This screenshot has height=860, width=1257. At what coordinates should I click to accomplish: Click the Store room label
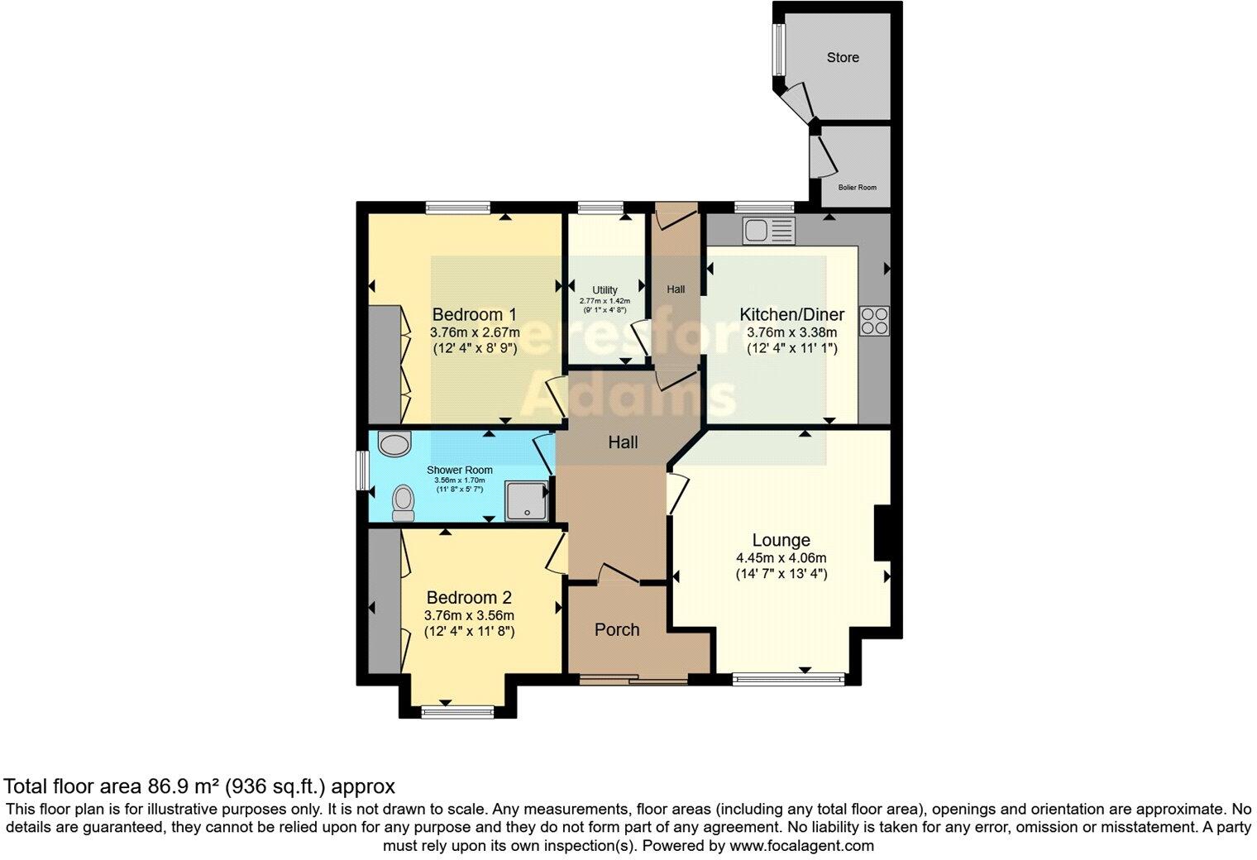click(843, 57)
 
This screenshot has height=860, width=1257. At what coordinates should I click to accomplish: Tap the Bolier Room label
click(857, 187)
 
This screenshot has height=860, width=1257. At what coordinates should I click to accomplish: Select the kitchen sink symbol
click(768, 230)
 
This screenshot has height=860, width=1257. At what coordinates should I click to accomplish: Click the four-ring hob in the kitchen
click(875, 321)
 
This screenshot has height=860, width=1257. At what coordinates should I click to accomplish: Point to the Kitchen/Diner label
click(791, 314)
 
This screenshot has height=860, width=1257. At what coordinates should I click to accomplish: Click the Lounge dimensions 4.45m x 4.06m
click(781, 557)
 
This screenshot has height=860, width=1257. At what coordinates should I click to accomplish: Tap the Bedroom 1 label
click(475, 314)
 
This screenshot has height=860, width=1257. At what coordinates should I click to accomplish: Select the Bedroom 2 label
click(469, 597)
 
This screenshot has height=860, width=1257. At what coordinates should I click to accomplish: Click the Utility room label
click(605, 290)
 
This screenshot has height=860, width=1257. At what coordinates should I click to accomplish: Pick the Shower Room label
click(460, 471)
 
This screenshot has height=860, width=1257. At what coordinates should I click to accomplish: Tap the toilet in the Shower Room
click(404, 502)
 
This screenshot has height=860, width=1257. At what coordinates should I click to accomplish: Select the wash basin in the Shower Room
click(394, 444)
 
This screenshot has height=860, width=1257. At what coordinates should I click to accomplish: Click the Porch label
click(617, 629)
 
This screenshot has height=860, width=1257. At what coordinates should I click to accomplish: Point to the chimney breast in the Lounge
click(882, 534)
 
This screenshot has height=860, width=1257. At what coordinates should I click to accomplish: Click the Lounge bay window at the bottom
click(788, 680)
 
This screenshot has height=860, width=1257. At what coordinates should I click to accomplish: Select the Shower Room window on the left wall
click(362, 471)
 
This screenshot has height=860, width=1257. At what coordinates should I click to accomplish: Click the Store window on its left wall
click(777, 50)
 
